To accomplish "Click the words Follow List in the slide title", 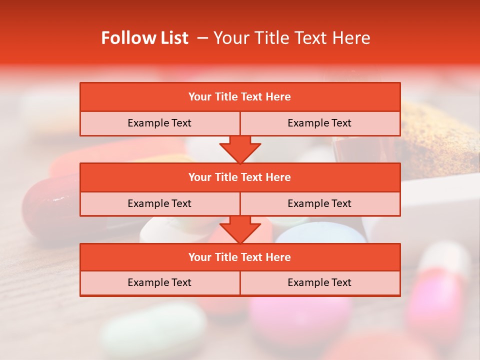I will [144, 38].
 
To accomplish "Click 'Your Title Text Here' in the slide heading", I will [291, 38].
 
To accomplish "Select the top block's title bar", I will [240, 97].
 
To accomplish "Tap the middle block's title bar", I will [240, 177].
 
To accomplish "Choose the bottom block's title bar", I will [240, 257].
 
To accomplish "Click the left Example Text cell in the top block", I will [159, 123].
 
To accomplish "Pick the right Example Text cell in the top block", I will [319, 123].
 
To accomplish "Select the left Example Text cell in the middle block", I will [159, 203].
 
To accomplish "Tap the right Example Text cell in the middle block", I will [319, 203].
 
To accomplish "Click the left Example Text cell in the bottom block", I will [159, 282].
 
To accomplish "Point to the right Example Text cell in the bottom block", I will [319, 282].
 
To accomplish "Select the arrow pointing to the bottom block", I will [240, 229].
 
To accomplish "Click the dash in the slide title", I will [202, 38].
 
